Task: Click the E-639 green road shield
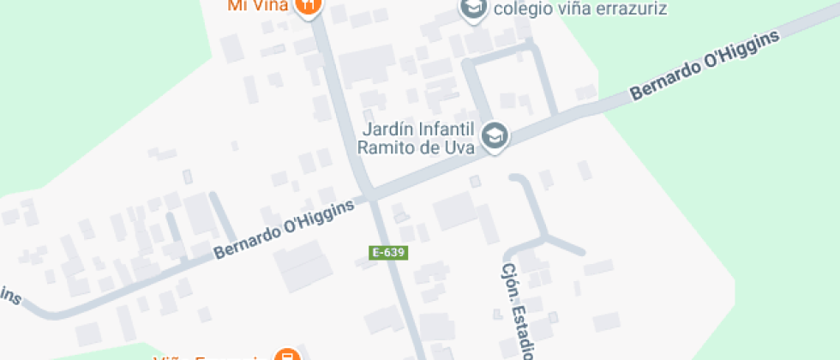click(x=387, y=253)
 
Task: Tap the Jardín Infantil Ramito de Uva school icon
click(x=495, y=135)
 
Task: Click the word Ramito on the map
click(x=385, y=147)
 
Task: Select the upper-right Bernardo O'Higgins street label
click(x=705, y=67)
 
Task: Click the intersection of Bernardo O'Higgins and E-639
click(x=372, y=197)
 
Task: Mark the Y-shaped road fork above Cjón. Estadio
click(x=546, y=237)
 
